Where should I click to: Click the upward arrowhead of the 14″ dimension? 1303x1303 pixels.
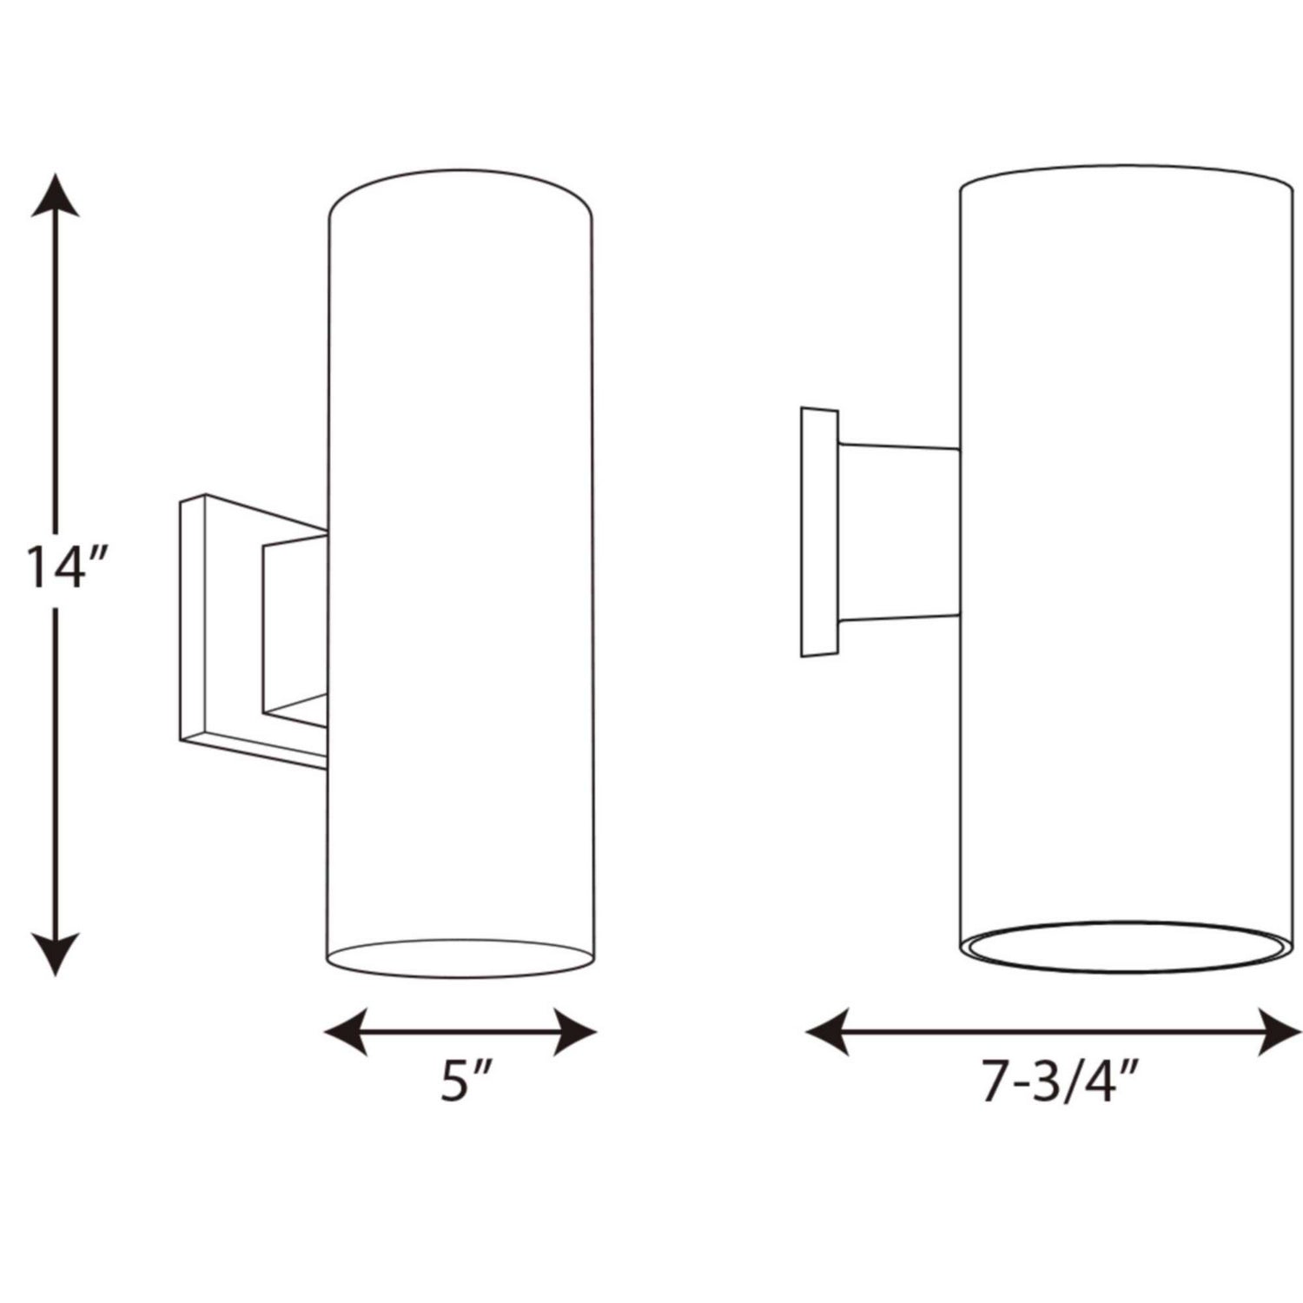(x=56, y=195)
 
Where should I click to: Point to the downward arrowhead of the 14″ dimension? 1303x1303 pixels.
(x=56, y=953)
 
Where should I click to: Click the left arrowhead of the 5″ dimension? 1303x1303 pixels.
(x=346, y=1033)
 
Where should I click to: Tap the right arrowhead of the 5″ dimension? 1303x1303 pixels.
(x=575, y=1033)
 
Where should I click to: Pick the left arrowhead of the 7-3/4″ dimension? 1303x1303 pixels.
(x=828, y=1033)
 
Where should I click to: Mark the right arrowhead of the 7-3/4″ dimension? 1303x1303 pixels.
(x=1280, y=1033)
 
